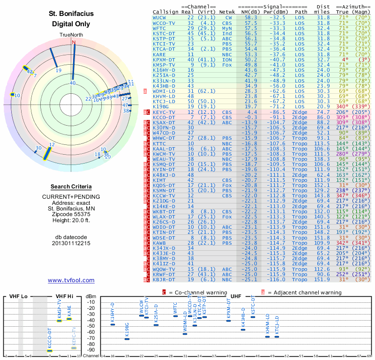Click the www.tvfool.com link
click(71, 280)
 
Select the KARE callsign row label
click(159, 54)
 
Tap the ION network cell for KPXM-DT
click(227, 60)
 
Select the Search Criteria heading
click(71, 187)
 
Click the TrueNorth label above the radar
click(71, 35)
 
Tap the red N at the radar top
click(73, 43)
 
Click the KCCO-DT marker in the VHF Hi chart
click(50, 350)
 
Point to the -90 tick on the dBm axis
click(90, 350)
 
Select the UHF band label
click(236, 296)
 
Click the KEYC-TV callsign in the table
click(164, 112)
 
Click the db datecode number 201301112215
click(71, 243)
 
